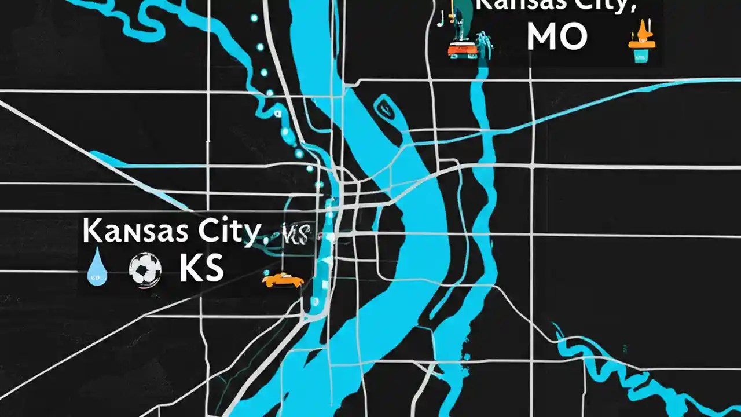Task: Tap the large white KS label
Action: [x=201, y=269]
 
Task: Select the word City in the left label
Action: [x=229, y=232]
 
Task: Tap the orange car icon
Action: [x=283, y=280]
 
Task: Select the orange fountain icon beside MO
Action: [x=641, y=38]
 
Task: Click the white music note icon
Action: [x=442, y=19]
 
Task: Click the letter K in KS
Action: [x=189, y=269]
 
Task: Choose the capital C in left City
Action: [x=209, y=231]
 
